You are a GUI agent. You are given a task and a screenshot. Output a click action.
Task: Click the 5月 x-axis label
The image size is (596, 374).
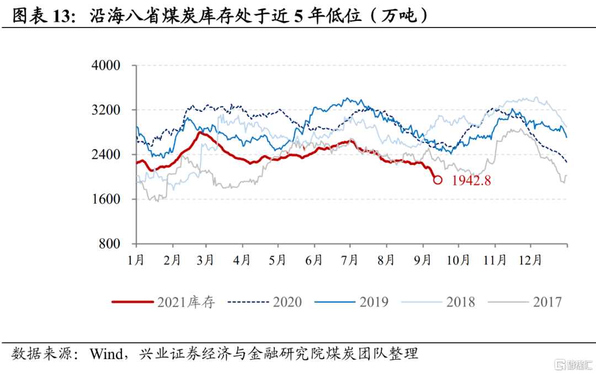pyautogui.click(x=279, y=260)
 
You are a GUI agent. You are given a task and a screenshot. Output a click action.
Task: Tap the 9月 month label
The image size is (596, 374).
pyautogui.click(x=423, y=260)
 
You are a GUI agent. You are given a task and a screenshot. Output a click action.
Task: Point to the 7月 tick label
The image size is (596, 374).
pyautogui.click(x=351, y=260)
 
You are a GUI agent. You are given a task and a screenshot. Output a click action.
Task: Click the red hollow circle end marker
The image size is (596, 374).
pyautogui.click(x=438, y=179)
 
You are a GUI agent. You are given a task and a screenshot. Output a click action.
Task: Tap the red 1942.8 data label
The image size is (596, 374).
pyautogui.click(x=471, y=180)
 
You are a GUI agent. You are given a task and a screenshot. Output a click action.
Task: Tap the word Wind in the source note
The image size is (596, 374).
pyautogui.click(x=107, y=354)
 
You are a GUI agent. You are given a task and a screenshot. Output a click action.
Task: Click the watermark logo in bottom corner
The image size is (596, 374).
pyautogui.click(x=574, y=364)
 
